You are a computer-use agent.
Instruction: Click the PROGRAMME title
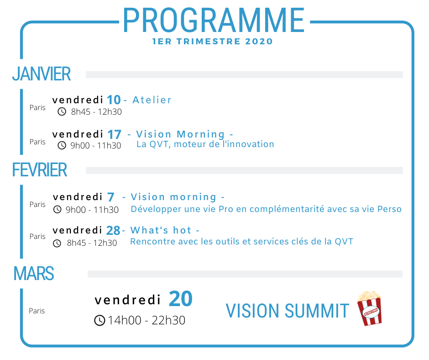(214, 20)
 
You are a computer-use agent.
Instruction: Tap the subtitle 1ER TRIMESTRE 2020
(213, 42)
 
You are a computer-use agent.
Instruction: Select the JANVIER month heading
(42, 74)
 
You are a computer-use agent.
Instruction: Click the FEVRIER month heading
(39, 170)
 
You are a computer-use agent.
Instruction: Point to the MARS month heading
(34, 273)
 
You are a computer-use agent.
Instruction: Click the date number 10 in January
(114, 100)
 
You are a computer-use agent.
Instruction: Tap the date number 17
(114, 134)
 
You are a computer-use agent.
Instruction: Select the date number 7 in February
(110, 197)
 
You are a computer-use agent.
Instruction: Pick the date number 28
(113, 230)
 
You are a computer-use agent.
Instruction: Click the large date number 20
(181, 298)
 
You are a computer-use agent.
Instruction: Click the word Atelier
(152, 100)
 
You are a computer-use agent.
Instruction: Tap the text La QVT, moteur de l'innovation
(205, 144)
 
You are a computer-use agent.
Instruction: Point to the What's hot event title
(161, 230)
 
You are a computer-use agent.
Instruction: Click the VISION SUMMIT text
(287, 311)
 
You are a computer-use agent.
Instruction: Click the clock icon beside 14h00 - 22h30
(99, 320)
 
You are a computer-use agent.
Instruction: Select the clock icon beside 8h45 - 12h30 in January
(62, 111)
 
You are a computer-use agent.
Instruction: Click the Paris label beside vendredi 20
(37, 311)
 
